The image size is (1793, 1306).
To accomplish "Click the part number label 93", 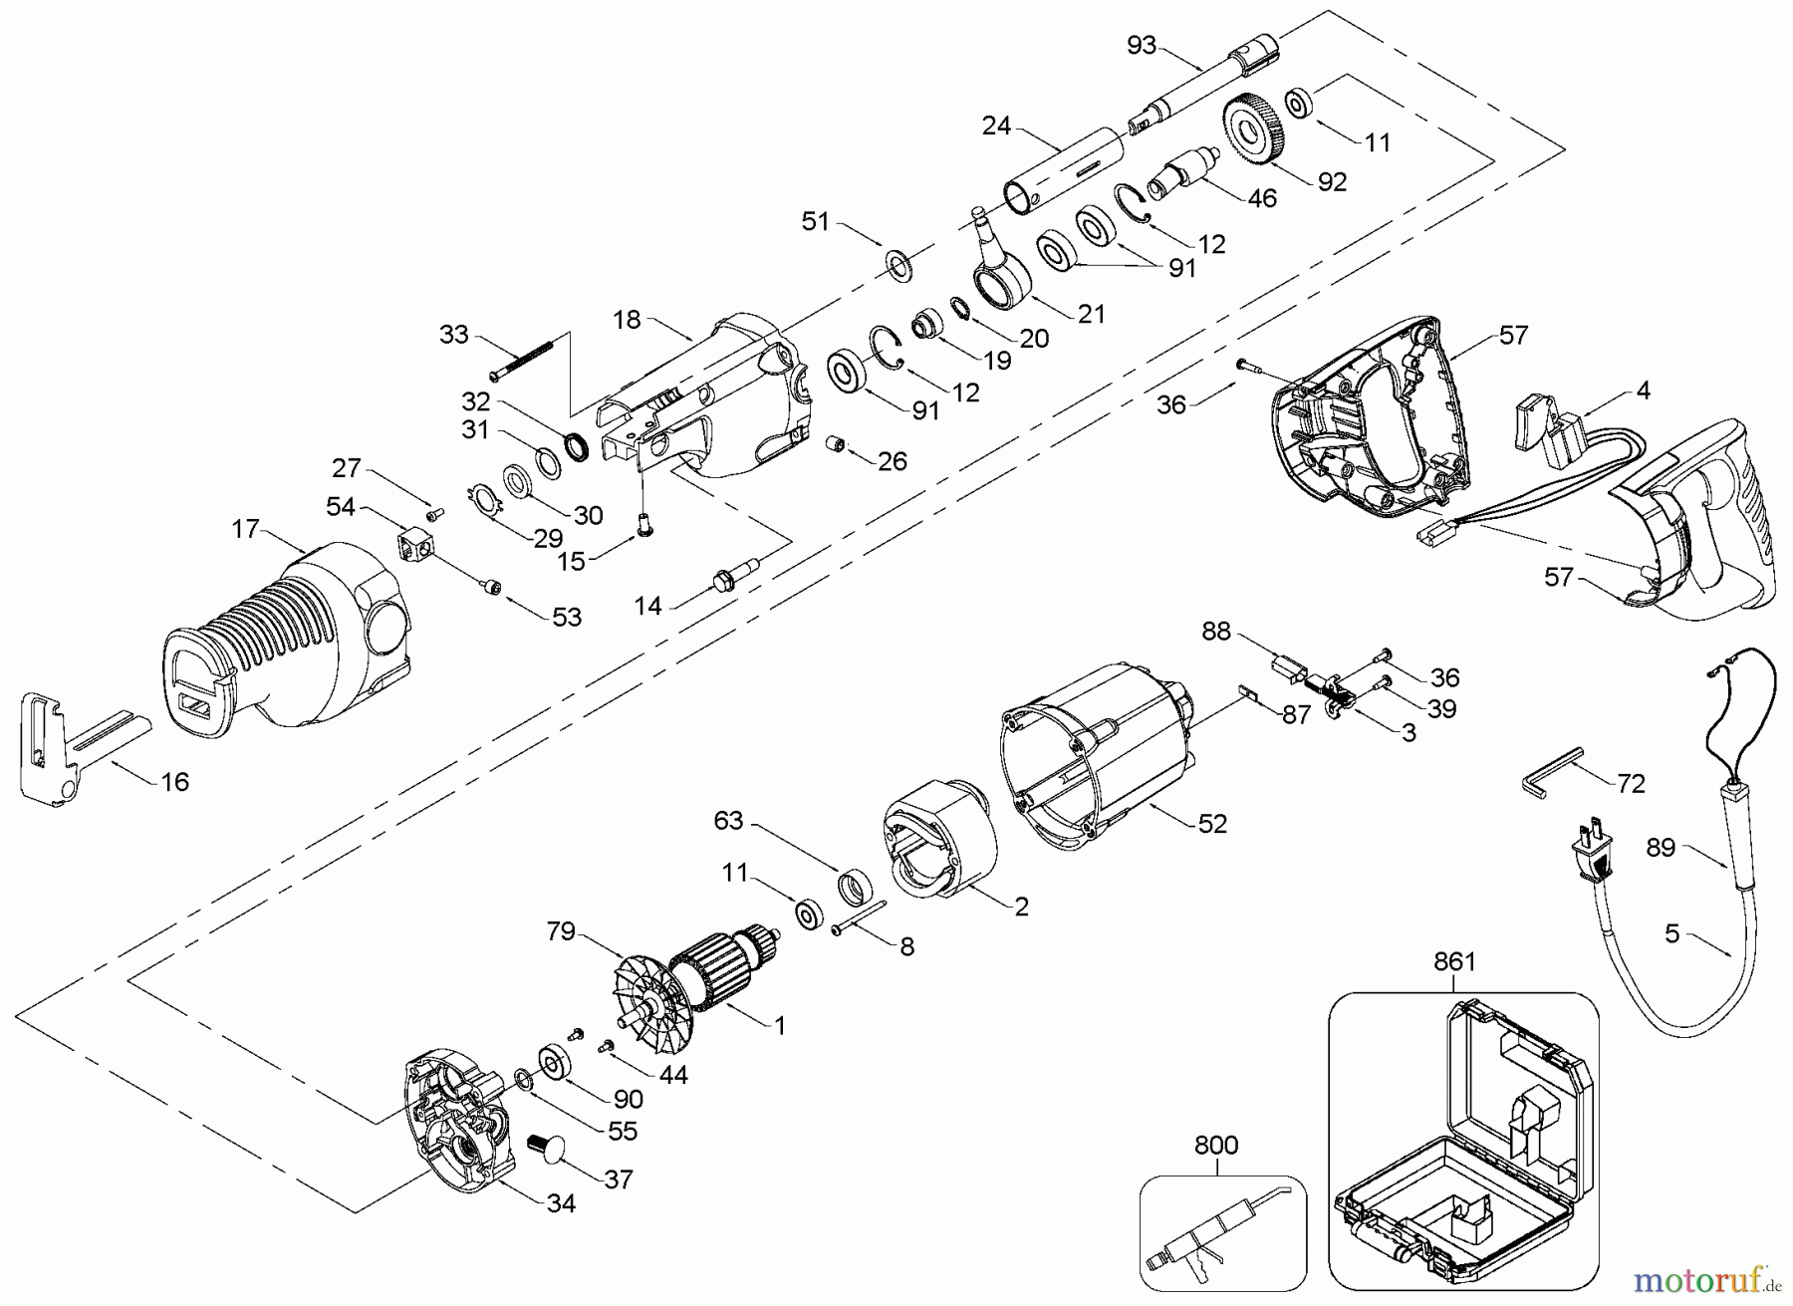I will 1142,45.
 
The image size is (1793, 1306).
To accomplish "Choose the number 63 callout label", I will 728,821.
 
